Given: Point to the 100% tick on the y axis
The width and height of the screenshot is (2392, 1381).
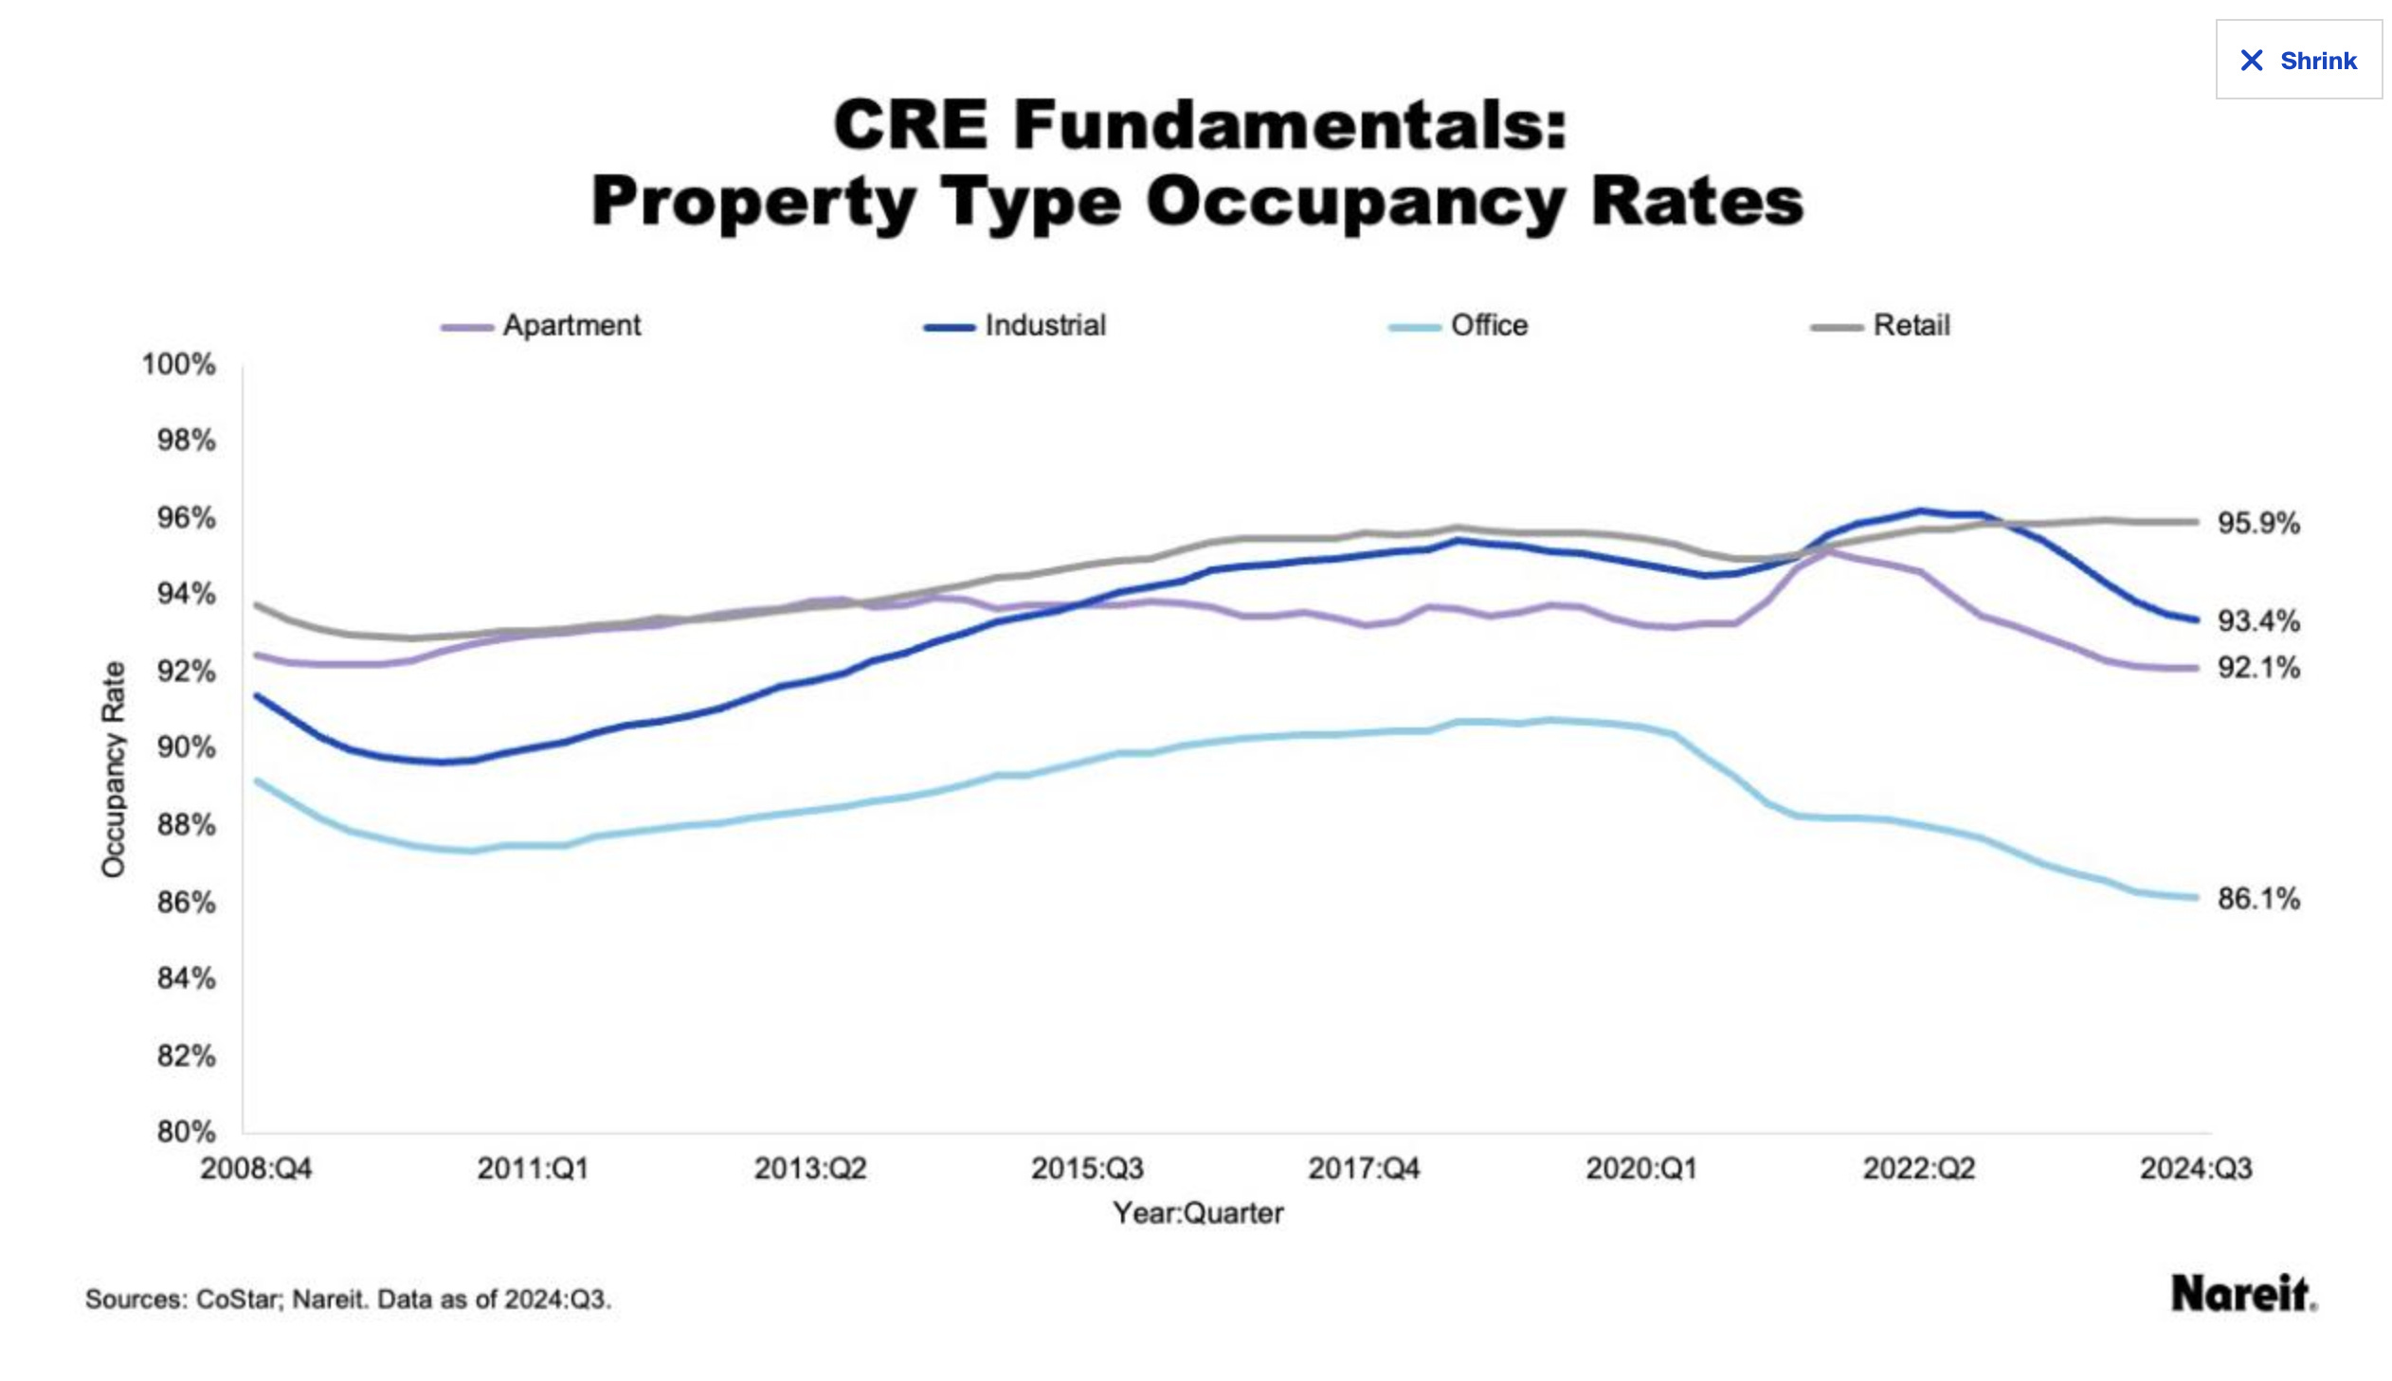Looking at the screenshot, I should point(178,365).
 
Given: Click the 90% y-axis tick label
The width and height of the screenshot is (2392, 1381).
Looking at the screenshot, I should point(186,748).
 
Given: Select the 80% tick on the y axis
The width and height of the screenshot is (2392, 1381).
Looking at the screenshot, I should point(186,1132).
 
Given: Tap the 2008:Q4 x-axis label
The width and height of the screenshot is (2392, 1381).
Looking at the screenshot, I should point(255,1169).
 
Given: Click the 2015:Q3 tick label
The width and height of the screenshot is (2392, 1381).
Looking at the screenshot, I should point(1086,1169).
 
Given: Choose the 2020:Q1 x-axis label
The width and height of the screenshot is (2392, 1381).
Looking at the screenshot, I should point(1640,1169).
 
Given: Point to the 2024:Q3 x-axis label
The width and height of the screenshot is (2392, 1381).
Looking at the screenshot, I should point(2195,1169).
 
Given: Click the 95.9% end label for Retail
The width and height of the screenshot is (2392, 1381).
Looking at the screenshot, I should point(2257,524).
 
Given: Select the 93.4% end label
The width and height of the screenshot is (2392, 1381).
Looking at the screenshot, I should point(2257,621).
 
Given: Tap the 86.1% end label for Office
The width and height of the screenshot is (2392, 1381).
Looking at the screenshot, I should point(2257,898).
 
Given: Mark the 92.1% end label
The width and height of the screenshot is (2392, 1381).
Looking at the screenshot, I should point(2257,668).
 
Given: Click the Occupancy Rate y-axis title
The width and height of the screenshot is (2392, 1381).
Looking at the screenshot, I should point(113,769).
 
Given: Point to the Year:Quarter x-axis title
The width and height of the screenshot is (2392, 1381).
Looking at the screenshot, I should point(1198,1213).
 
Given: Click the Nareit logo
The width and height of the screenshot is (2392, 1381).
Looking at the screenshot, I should point(2242,1294).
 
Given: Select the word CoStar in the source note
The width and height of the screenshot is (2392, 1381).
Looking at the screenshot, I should point(239,1300).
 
